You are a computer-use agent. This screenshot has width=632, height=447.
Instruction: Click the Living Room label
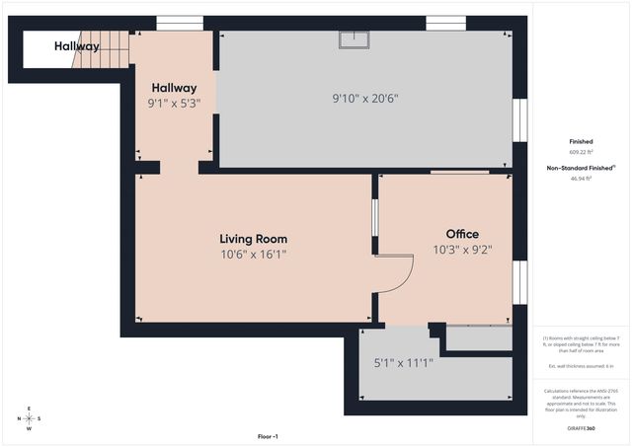(253, 239)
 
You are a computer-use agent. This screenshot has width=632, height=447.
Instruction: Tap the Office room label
(455, 234)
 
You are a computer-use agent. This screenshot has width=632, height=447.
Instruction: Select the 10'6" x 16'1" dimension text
(253, 255)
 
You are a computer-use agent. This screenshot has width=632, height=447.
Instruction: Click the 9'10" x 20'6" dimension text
(364, 99)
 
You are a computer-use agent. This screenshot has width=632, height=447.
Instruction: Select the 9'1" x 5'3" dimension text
(174, 104)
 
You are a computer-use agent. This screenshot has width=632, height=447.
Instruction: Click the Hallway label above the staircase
(76, 46)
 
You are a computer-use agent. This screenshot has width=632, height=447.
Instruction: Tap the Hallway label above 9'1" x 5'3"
(174, 88)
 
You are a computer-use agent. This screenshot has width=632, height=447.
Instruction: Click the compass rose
(30, 418)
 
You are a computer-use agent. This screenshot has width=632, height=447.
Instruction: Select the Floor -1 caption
(268, 436)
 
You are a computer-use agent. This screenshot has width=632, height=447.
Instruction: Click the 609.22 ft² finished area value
(582, 153)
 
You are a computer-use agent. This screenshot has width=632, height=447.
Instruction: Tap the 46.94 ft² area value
(582, 180)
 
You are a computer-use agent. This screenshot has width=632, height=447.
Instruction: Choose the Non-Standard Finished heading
(582, 169)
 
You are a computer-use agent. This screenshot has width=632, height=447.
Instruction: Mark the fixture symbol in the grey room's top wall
(354, 39)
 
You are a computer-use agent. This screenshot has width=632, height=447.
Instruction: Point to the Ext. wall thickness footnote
(582, 366)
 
